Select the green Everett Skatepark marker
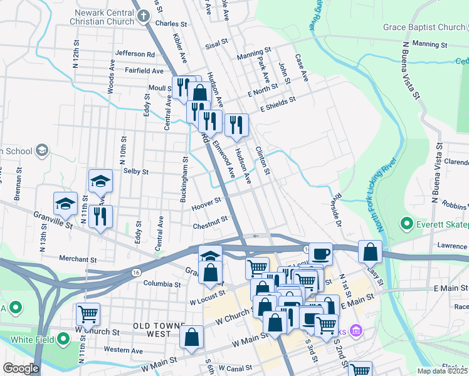[x=406, y=223]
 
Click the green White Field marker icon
[x=63, y=340]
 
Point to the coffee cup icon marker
[x=320, y=254]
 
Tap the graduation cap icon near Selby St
[x=100, y=181]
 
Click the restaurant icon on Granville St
[x=100, y=217]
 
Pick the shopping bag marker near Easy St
[x=371, y=251]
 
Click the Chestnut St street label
[x=209, y=221]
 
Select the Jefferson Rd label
[x=134, y=54]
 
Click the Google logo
[x=21, y=368]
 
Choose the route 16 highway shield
[x=136, y=272]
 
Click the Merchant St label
[x=78, y=258]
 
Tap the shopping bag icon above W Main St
[x=192, y=337]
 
